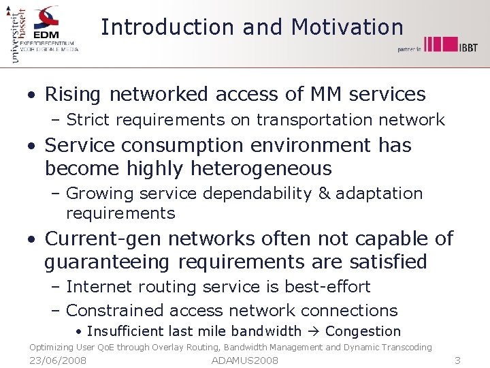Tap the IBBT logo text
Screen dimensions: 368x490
click(x=468, y=47)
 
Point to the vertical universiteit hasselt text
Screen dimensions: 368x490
click(x=16, y=34)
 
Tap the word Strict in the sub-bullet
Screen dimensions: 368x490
click(x=91, y=121)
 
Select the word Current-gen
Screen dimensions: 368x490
click(x=103, y=239)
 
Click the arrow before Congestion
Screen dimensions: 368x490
click(x=313, y=332)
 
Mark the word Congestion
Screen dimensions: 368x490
click(x=363, y=332)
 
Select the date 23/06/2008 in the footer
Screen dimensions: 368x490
click(x=58, y=361)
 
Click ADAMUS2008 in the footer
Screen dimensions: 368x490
click(x=245, y=361)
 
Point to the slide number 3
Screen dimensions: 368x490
click(x=457, y=361)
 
